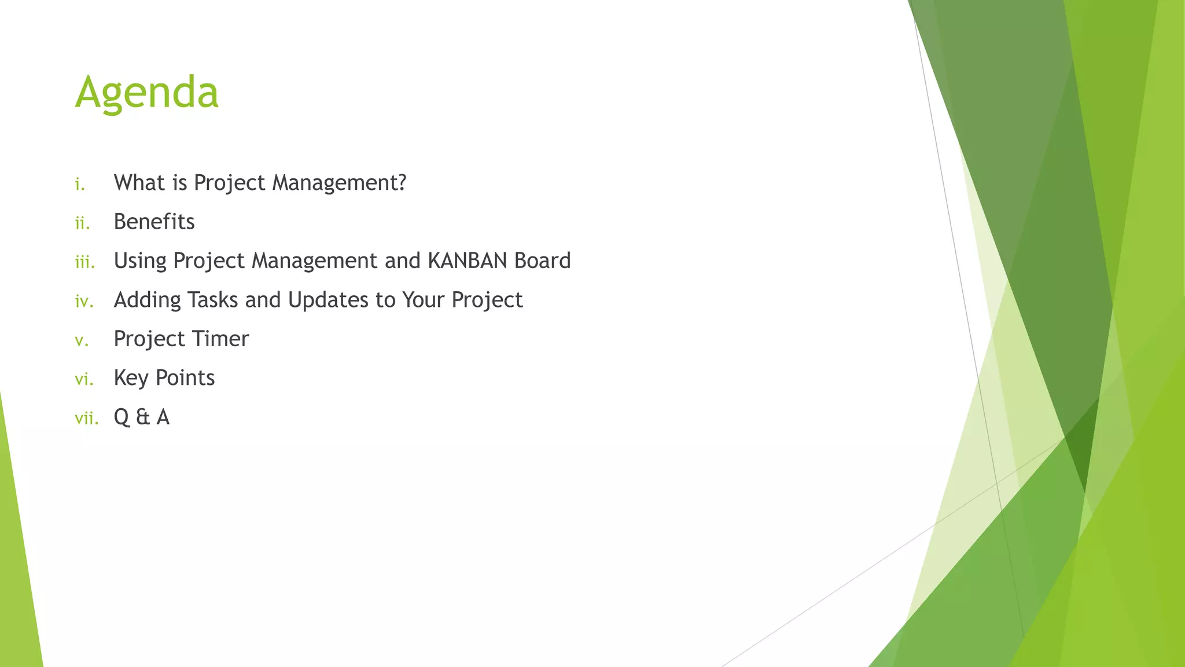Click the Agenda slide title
tap(147, 93)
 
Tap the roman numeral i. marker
tap(80, 185)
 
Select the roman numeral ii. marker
tap(82, 223)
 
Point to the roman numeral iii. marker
tap(84, 262)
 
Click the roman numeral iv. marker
tap(84, 302)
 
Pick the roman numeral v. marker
tap(82, 341)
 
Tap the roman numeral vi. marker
tap(84, 380)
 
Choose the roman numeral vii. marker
tap(87, 419)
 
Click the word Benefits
tap(154, 222)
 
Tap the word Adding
tap(147, 300)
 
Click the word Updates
tap(328, 300)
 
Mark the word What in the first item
tap(139, 182)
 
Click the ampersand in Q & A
tap(142, 417)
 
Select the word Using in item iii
tap(139, 262)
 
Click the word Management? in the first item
tap(340, 183)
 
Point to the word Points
tap(185, 378)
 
